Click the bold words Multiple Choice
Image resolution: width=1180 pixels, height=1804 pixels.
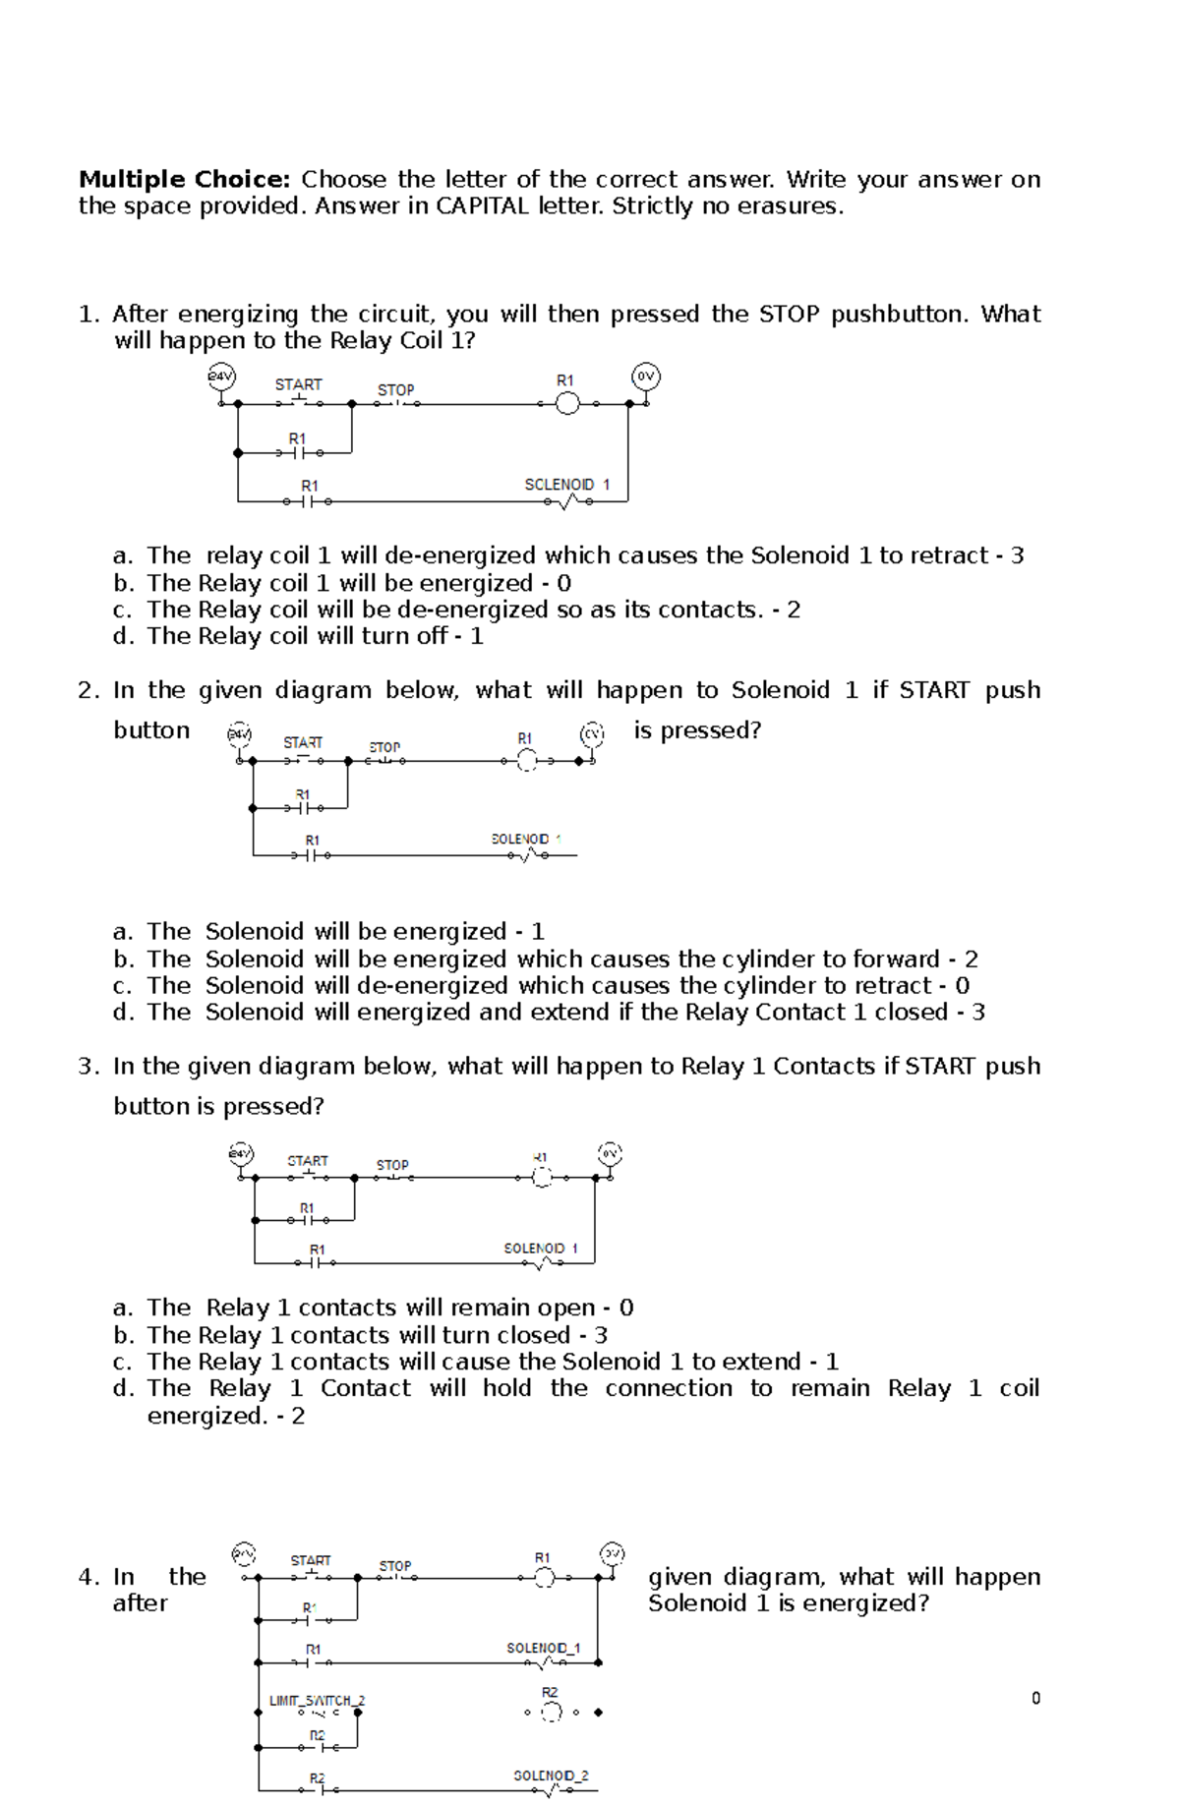[x=184, y=180]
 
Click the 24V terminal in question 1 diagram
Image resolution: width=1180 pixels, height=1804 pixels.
[x=221, y=376]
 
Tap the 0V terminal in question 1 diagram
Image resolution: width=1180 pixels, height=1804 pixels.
[x=645, y=377]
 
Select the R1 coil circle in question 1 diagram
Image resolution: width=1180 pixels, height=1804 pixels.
[x=567, y=403]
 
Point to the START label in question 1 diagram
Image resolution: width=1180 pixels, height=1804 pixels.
[x=298, y=384]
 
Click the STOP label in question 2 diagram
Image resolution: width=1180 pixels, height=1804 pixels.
[x=384, y=747]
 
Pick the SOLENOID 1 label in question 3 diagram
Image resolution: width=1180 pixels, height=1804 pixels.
[x=540, y=1249]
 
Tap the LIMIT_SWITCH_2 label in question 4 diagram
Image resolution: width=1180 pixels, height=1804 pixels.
[x=317, y=1700]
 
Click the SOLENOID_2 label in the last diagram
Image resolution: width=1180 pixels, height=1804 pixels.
[x=551, y=1775]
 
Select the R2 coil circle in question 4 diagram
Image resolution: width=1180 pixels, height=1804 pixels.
[x=552, y=1713]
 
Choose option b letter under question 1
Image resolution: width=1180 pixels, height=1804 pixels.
[x=123, y=583]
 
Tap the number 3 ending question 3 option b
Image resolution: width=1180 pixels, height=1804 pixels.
[x=601, y=1335]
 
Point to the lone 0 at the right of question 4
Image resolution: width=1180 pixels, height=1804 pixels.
[x=1035, y=1698]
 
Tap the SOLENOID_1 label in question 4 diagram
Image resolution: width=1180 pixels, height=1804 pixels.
[x=543, y=1648]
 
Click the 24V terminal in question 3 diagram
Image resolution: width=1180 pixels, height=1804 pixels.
[x=241, y=1153]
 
